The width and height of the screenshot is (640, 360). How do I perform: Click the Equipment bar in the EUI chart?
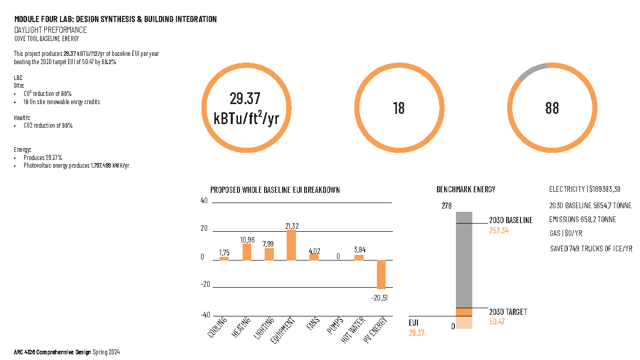click(x=291, y=245)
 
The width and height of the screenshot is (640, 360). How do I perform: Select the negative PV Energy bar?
click(x=381, y=275)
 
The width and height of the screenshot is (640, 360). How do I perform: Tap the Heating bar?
click(x=247, y=252)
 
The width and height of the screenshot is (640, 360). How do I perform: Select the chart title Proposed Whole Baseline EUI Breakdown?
click(x=275, y=190)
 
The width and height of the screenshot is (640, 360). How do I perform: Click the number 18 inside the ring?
click(x=398, y=108)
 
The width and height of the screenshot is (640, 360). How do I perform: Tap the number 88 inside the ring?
click(x=552, y=108)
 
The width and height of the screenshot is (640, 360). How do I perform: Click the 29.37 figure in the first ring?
click(x=246, y=98)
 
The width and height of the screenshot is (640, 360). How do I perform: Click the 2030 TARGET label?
click(x=508, y=312)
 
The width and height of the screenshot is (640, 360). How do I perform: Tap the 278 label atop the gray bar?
click(x=446, y=206)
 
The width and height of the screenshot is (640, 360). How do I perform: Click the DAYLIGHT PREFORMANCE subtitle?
click(x=50, y=30)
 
